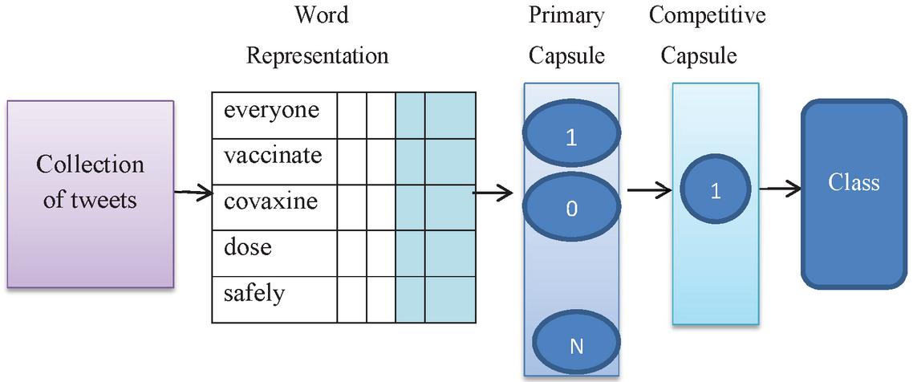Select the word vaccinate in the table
(x=273, y=155)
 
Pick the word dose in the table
(x=248, y=246)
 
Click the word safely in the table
(x=254, y=293)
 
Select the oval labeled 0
(x=571, y=208)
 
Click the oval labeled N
(x=575, y=345)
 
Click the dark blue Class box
(x=853, y=193)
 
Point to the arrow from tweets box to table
(x=193, y=193)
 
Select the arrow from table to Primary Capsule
(x=493, y=193)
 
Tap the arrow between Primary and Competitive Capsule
(x=649, y=191)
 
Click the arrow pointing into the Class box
(x=780, y=189)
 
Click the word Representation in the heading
(x=317, y=55)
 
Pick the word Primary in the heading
(x=566, y=15)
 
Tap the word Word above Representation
(x=321, y=15)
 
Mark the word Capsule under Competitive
(x=704, y=55)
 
